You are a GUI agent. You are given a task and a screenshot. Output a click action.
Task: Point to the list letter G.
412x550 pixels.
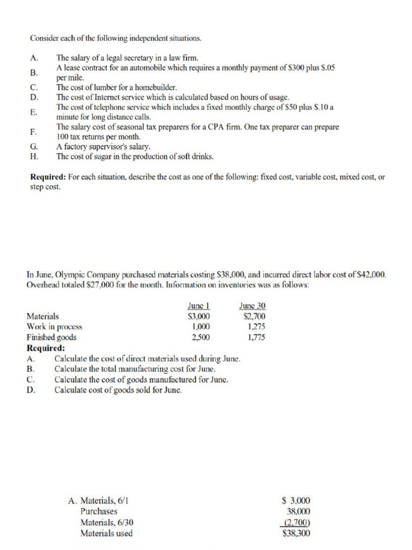[x=34, y=146]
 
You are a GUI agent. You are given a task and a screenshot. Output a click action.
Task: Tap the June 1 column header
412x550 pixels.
[x=198, y=306]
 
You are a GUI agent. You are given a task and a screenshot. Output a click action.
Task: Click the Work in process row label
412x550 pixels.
[x=54, y=327]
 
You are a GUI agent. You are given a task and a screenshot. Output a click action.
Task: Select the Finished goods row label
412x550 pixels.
[x=51, y=337]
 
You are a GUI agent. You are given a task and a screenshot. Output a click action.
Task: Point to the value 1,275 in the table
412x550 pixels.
[x=256, y=327]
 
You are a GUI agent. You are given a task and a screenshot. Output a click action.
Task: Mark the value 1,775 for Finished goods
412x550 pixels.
[x=256, y=337]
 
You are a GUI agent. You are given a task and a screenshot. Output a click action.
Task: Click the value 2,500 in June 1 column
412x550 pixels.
[x=201, y=337]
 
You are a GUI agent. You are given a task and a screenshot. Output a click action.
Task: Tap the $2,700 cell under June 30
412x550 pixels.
[x=254, y=316]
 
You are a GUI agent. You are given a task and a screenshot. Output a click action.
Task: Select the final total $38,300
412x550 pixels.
[x=296, y=533]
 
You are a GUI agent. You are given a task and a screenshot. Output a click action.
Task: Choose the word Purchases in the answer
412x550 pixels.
[x=99, y=511]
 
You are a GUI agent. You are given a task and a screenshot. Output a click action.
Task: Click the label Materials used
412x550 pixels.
[x=106, y=533]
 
